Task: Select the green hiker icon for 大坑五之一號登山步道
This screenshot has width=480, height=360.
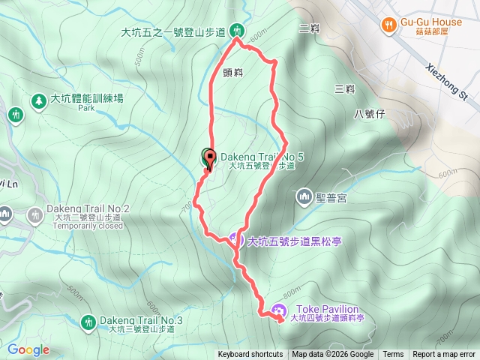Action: pos(237,31)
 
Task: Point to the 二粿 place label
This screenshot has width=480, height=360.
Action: pos(309,29)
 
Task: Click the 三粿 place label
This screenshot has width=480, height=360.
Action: pos(345,88)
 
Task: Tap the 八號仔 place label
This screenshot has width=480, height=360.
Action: pos(369,114)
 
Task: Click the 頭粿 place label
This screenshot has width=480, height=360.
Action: pos(233,73)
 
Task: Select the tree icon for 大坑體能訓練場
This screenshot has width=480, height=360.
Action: pos(37,99)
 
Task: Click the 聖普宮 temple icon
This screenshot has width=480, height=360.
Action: pos(304,197)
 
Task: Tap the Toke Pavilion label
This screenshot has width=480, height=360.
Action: pos(328,309)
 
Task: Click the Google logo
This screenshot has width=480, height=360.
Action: pos(28,349)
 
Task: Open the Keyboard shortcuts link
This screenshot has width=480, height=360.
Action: pos(250,355)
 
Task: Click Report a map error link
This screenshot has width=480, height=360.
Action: pos(445,355)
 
